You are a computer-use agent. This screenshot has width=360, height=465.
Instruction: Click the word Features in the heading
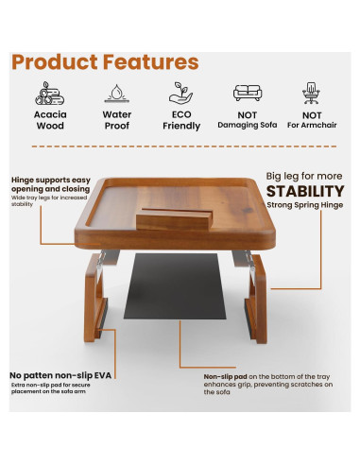152,62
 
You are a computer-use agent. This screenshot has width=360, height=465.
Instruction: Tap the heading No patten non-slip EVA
57,374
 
